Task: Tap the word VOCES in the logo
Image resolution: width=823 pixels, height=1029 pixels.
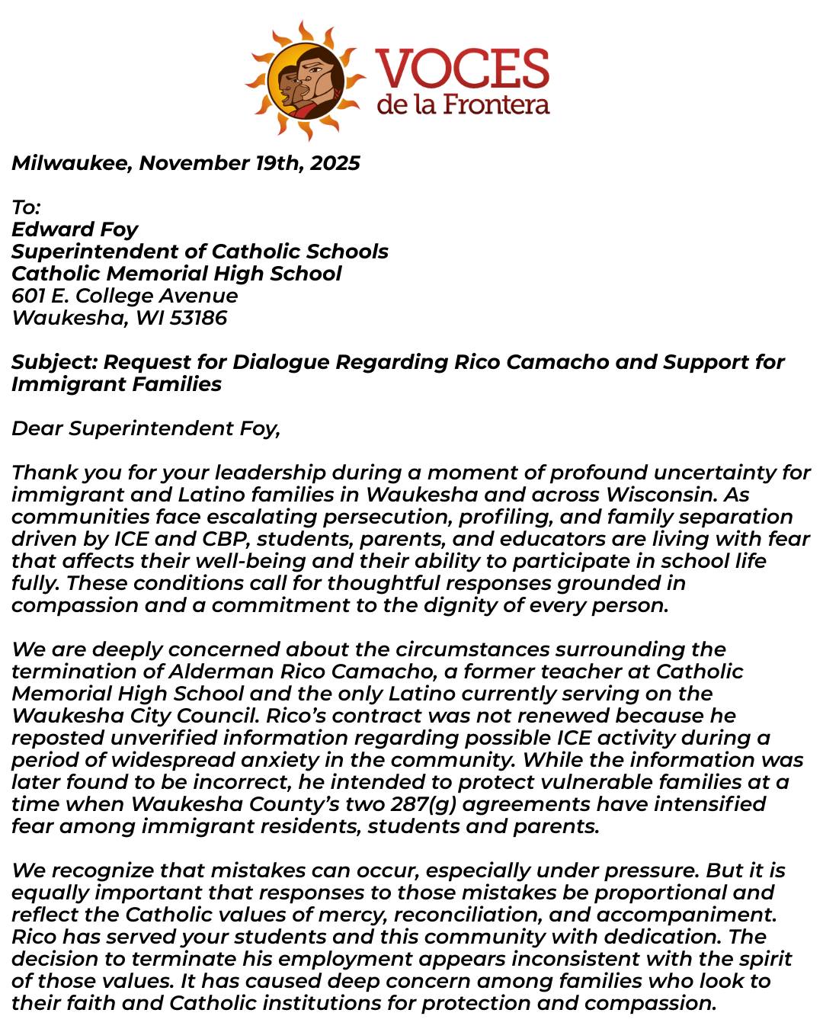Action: pos(462,68)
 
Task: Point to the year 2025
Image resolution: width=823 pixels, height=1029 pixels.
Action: pos(335,163)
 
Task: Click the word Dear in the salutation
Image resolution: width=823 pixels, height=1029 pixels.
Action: pos(37,428)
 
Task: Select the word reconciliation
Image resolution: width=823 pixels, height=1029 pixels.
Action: pos(466,915)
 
